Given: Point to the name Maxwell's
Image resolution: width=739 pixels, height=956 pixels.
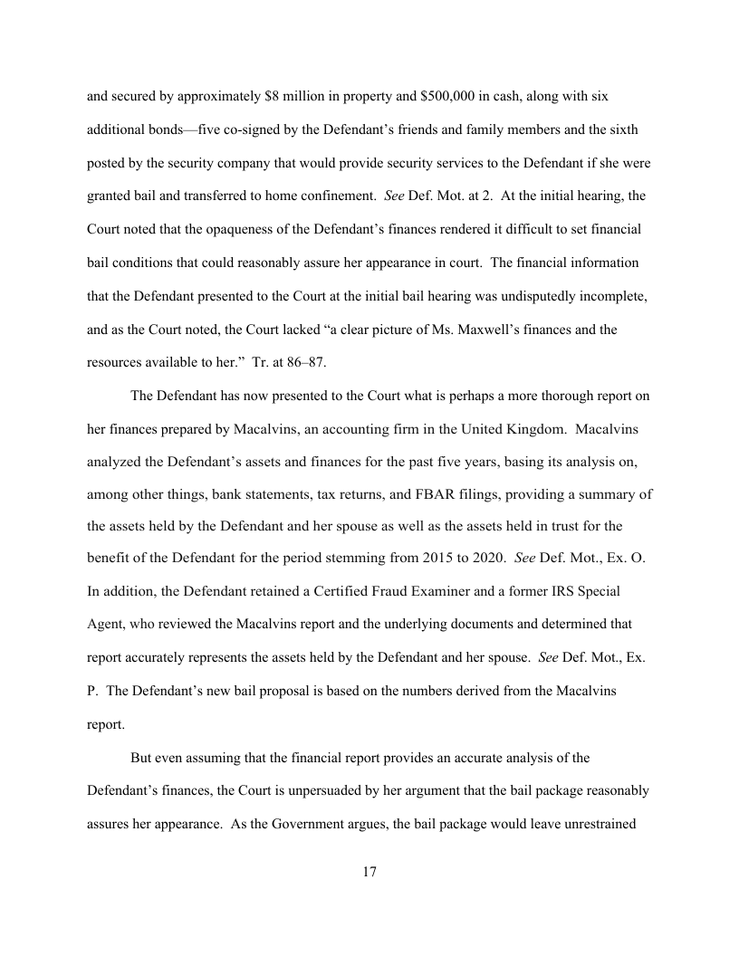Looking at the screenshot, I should pyautogui.click(x=456, y=330).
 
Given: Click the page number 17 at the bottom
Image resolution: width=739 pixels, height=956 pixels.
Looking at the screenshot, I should pyautogui.click(x=369, y=872).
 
